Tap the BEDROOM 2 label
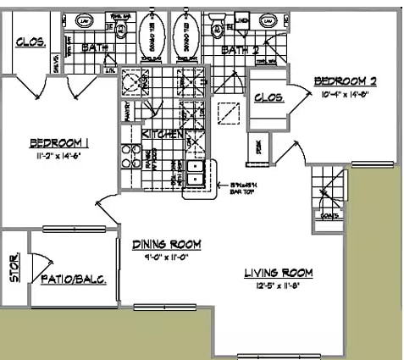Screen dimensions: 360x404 345,81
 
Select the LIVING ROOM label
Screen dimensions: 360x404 278,273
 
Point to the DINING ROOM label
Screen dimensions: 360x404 166,245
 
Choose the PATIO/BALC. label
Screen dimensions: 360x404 73,279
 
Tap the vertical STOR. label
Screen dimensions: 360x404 14,268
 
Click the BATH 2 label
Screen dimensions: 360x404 238,51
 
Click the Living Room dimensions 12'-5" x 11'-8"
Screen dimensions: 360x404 278,287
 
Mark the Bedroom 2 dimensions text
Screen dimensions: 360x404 345,94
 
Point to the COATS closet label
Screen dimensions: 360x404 330,215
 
